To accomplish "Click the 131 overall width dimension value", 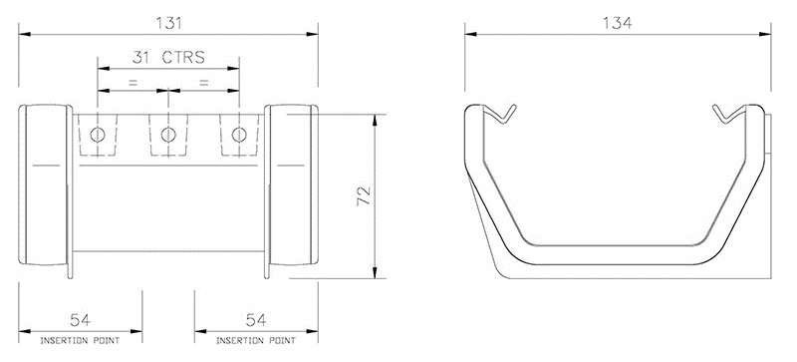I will [168, 21].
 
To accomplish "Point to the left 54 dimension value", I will [81, 320].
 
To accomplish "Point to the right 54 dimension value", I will [256, 320].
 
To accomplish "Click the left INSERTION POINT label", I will [81, 341].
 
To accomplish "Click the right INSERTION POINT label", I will [256, 341].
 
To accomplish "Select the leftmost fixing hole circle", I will [98, 134].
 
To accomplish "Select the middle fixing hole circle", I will [167, 134].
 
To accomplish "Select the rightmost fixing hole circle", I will [237, 134].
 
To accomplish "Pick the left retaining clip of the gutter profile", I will [504, 115].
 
